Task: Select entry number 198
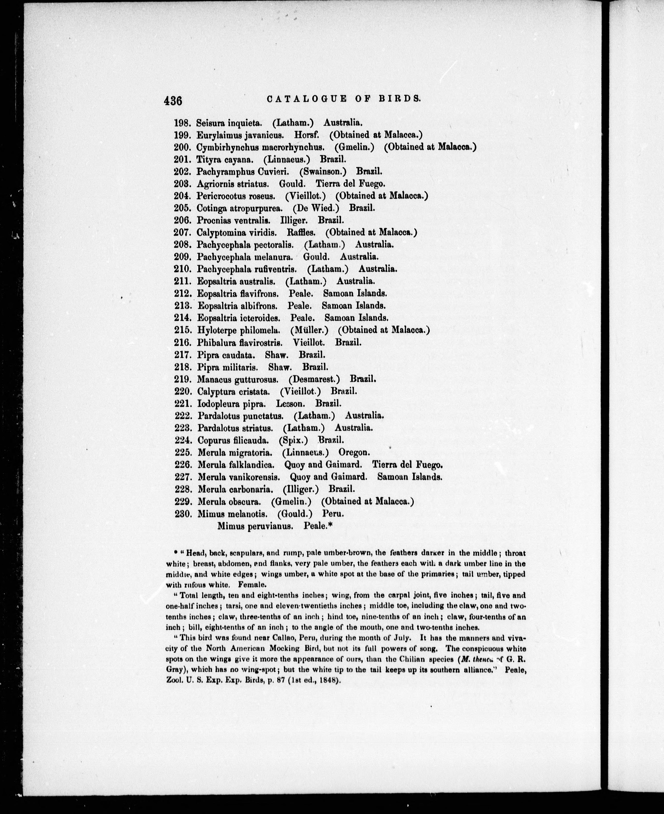click(x=182, y=123)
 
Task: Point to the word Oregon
click(x=354, y=452)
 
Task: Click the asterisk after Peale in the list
click(x=331, y=525)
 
